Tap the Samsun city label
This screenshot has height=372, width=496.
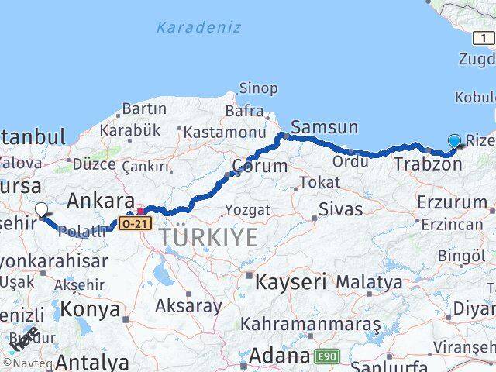click(324, 127)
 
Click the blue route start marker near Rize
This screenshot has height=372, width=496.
click(454, 141)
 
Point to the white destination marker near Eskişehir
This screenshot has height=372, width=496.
click(41, 208)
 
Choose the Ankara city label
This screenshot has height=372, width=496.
click(101, 201)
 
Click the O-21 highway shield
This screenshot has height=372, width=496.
click(133, 223)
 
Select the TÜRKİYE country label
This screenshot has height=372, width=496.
click(209, 237)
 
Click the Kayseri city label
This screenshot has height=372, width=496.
click(291, 281)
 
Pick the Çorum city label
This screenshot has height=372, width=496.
click(260, 166)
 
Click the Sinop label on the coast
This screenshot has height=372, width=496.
click(258, 88)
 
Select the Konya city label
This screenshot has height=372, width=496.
click(90, 309)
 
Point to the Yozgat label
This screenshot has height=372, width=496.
click(247, 209)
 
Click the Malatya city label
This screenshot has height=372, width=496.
click(369, 282)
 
